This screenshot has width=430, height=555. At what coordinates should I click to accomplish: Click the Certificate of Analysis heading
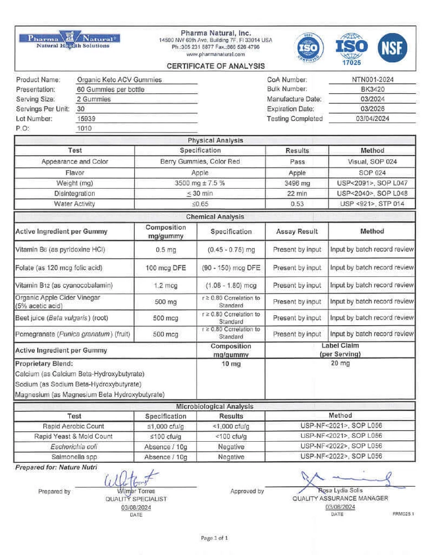(x=216, y=66)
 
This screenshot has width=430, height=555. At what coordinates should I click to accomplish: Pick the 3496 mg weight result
(x=297, y=183)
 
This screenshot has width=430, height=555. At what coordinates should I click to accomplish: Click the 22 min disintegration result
(x=297, y=194)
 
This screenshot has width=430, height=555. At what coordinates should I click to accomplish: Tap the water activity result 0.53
(x=297, y=204)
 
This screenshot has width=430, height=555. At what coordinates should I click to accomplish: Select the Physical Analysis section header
(x=215, y=141)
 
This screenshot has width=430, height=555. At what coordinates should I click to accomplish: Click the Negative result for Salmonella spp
(x=231, y=457)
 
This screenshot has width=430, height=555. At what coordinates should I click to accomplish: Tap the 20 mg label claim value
(x=340, y=364)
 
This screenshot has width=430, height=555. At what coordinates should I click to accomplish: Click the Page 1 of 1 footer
(x=214, y=538)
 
